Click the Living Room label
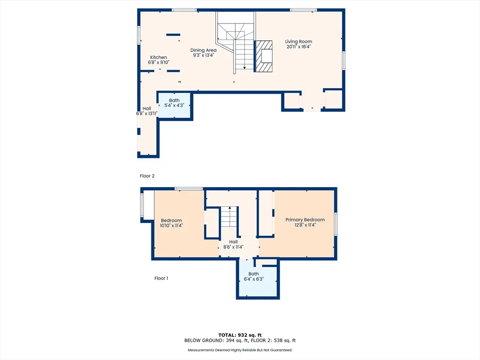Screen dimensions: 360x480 pos(299,42)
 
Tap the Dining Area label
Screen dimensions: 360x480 pos(203,50)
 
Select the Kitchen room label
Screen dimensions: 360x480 pos(158,57)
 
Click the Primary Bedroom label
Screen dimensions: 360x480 pos(305,219)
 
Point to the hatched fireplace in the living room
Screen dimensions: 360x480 pos(263,56)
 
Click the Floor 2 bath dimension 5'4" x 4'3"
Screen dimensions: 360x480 pos(174,105)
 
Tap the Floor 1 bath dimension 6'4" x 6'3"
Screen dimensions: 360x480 pos(254,279)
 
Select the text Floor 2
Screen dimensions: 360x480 pos(147,176)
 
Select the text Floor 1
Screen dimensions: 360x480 pos(161,278)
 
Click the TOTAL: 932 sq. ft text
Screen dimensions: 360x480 pos(240,335)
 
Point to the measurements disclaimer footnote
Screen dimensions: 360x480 pos(240,350)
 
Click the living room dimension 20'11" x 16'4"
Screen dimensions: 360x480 pos(299,47)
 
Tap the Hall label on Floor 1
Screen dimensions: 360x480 pos(233,242)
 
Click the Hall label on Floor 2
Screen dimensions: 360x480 pos(146,108)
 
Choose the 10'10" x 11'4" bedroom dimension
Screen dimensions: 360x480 pos(172,225)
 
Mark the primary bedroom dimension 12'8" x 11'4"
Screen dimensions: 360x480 pos(305,225)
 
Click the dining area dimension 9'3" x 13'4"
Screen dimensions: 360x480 pos(203,55)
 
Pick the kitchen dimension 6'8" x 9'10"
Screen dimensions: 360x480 pos(158,62)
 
